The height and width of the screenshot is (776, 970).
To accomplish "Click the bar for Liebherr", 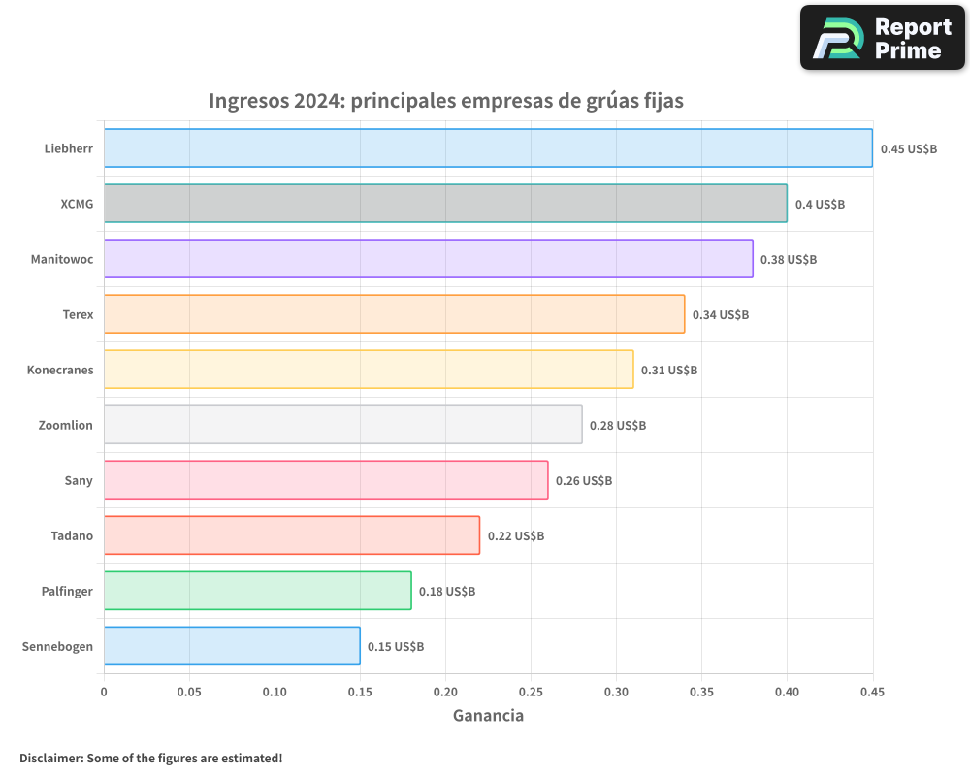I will pyautogui.click(x=488, y=147).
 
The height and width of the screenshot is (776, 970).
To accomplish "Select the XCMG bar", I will pyautogui.click(x=445, y=203).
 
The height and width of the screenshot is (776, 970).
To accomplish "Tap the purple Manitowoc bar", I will pyautogui.click(x=428, y=258).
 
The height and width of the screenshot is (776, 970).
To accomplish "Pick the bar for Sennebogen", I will pyautogui.click(x=232, y=646).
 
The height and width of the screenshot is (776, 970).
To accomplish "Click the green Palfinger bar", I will pyautogui.click(x=257, y=591).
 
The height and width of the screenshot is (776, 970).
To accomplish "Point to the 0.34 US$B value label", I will pyautogui.click(x=721, y=314).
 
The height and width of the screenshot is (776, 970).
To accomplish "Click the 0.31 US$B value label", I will pyautogui.click(x=669, y=370).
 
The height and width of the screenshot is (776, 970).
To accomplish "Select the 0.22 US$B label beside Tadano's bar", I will pyautogui.click(x=516, y=535).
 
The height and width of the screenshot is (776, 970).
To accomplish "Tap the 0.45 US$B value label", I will pyautogui.click(x=909, y=148).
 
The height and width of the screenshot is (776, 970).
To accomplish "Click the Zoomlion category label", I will pyautogui.click(x=65, y=425).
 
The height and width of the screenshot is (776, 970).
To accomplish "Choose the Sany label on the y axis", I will pyautogui.click(x=78, y=480).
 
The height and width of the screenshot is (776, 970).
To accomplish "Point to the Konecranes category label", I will pyautogui.click(x=60, y=370).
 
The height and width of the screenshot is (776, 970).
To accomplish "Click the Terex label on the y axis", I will pyautogui.click(x=77, y=314).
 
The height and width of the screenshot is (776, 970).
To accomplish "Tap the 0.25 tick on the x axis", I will pyautogui.click(x=531, y=693).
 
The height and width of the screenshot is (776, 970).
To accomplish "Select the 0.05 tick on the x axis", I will pyautogui.click(x=189, y=693).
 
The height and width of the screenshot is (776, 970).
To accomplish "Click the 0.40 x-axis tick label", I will pyautogui.click(x=787, y=693).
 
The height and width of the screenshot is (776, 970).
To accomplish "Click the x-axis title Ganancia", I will pyautogui.click(x=488, y=716).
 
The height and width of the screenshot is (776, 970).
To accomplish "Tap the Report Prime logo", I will pyautogui.click(x=883, y=38).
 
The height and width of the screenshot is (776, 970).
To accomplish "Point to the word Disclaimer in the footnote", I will pyautogui.click(x=50, y=758).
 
